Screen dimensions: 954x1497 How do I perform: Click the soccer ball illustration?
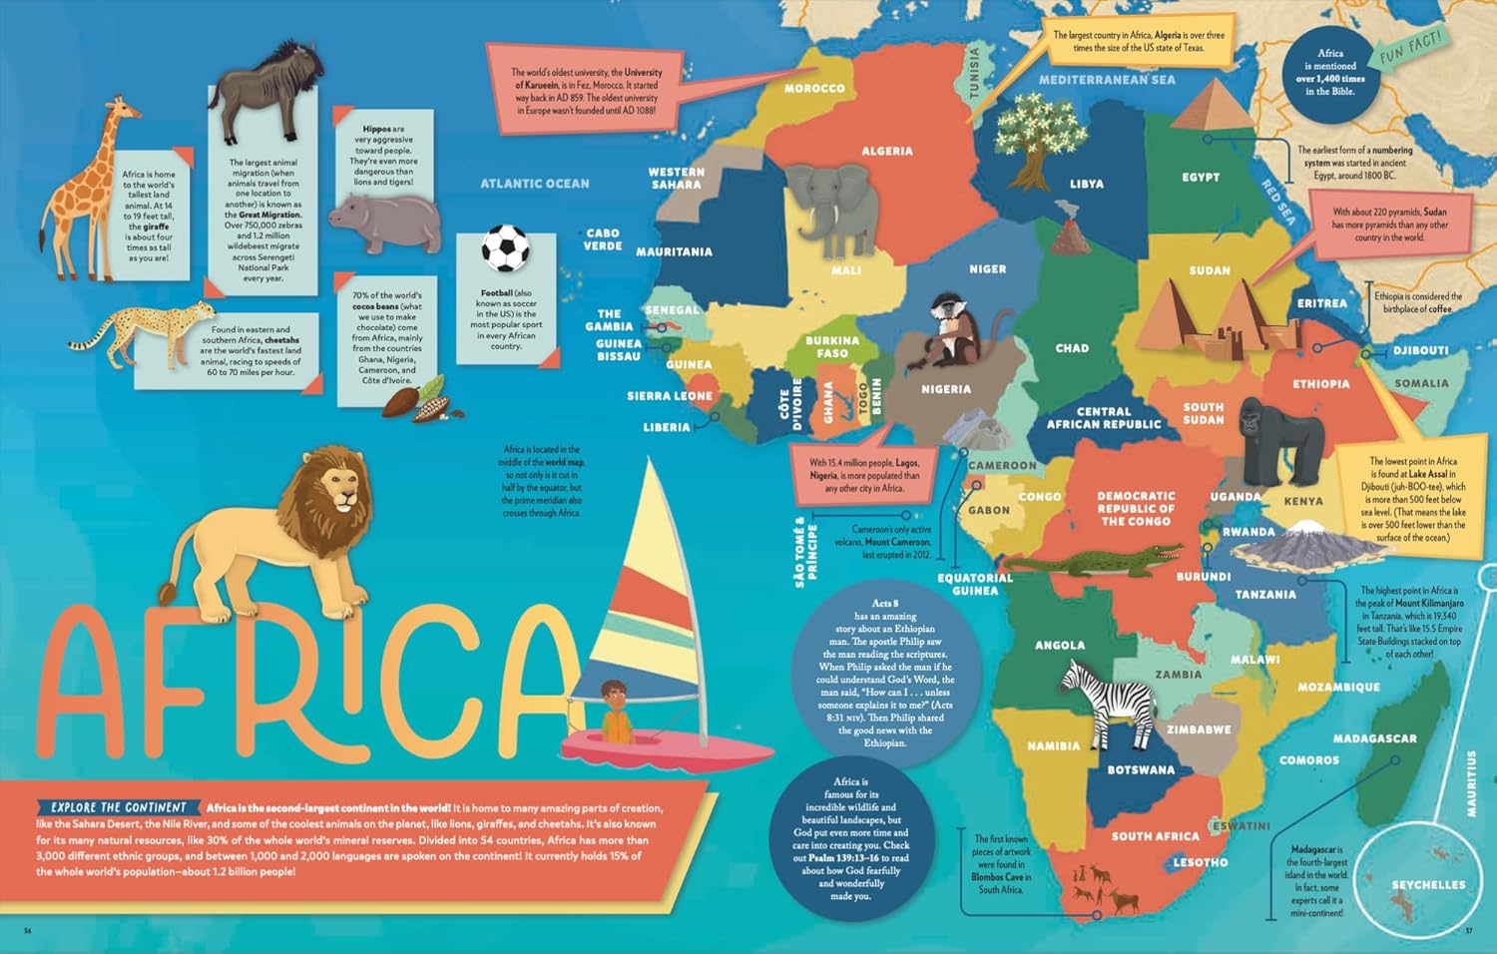505,248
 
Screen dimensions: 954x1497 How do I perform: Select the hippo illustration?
385,222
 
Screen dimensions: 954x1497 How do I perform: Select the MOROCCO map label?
814,89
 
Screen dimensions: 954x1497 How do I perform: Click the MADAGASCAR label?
1374,738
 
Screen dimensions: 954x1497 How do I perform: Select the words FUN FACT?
1411,47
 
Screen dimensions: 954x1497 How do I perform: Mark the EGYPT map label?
1201,177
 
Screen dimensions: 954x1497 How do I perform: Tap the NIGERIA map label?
945,389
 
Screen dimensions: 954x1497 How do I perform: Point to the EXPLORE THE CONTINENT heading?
119,807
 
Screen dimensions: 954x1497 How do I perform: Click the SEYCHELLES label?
1428,885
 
